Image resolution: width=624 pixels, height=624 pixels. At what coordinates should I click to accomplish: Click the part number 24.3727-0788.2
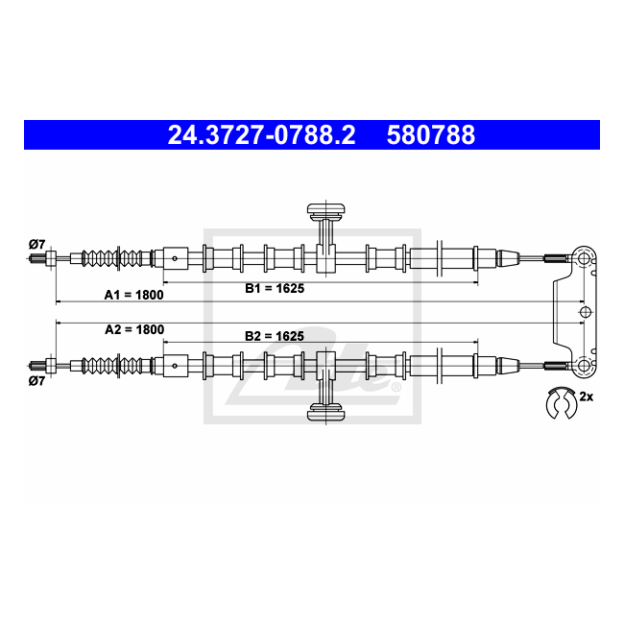point(261,134)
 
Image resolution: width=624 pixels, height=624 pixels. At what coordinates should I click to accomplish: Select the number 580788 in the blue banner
point(431,134)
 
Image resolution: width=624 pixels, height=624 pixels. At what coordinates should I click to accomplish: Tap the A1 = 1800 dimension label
point(133,295)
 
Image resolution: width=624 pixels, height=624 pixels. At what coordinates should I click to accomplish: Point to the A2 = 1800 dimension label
point(134,329)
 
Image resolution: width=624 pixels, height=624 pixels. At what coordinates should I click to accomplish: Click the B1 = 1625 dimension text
point(275,288)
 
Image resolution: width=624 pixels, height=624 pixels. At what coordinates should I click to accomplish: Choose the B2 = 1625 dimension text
point(275,336)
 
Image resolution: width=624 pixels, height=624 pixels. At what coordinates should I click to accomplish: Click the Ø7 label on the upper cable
point(37,244)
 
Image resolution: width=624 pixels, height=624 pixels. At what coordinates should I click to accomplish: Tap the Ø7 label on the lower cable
point(37,381)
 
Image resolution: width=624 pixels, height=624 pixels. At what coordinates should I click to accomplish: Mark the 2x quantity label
point(587,396)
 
